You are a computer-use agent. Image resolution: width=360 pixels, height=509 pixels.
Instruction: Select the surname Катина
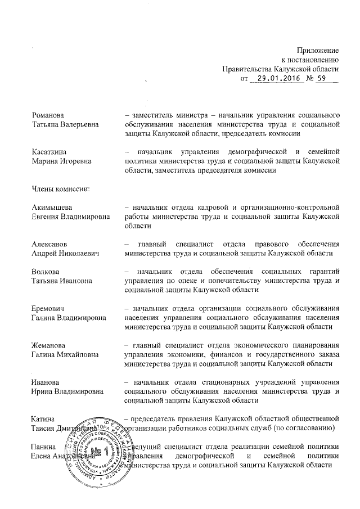tap(43, 418)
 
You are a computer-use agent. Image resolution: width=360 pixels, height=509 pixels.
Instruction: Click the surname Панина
tap(44, 446)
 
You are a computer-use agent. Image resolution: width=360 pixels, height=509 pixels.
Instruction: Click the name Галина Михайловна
tap(66, 354)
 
